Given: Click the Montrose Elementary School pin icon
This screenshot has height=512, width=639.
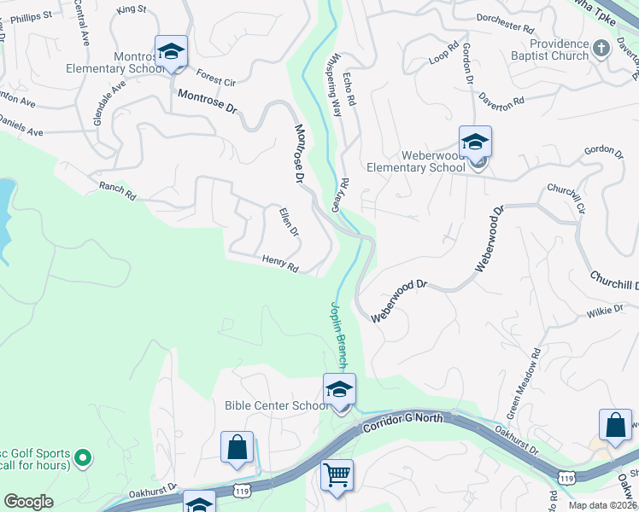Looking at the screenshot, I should click(x=171, y=50).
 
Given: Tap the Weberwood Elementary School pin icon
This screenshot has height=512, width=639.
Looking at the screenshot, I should click(x=475, y=142).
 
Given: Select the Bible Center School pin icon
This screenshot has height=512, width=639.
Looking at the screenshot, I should click(x=339, y=390).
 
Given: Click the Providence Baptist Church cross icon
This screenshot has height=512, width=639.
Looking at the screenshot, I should click(x=601, y=48).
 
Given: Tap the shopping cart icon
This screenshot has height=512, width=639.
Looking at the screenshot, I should click(x=337, y=474).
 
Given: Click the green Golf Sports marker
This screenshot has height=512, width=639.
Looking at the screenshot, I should click(x=83, y=458).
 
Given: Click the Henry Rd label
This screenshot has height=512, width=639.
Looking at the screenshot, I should click(x=279, y=264).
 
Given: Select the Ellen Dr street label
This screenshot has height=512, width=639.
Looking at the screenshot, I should click(x=289, y=221).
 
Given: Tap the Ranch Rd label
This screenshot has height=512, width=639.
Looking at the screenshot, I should click(x=117, y=190).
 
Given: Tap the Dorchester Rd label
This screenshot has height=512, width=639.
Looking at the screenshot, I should click(x=504, y=21).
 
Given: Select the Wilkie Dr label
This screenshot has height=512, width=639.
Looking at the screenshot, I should click(x=605, y=312).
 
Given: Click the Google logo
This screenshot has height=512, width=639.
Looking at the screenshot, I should click(x=28, y=502).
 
